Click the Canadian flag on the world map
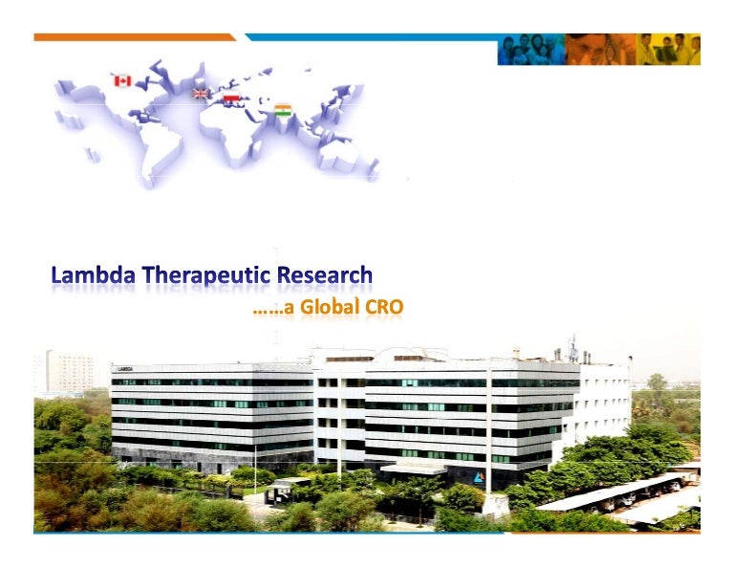[x=122, y=80]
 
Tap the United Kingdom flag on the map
[x=201, y=93]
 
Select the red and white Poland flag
[x=230, y=98]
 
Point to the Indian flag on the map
[x=283, y=110]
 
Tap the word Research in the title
[x=326, y=276]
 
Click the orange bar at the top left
[x=134, y=37]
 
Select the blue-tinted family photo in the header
[x=530, y=49]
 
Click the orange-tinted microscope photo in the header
[x=599, y=49]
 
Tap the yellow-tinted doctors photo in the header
[x=668, y=49]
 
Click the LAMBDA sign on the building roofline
[x=124, y=368]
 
